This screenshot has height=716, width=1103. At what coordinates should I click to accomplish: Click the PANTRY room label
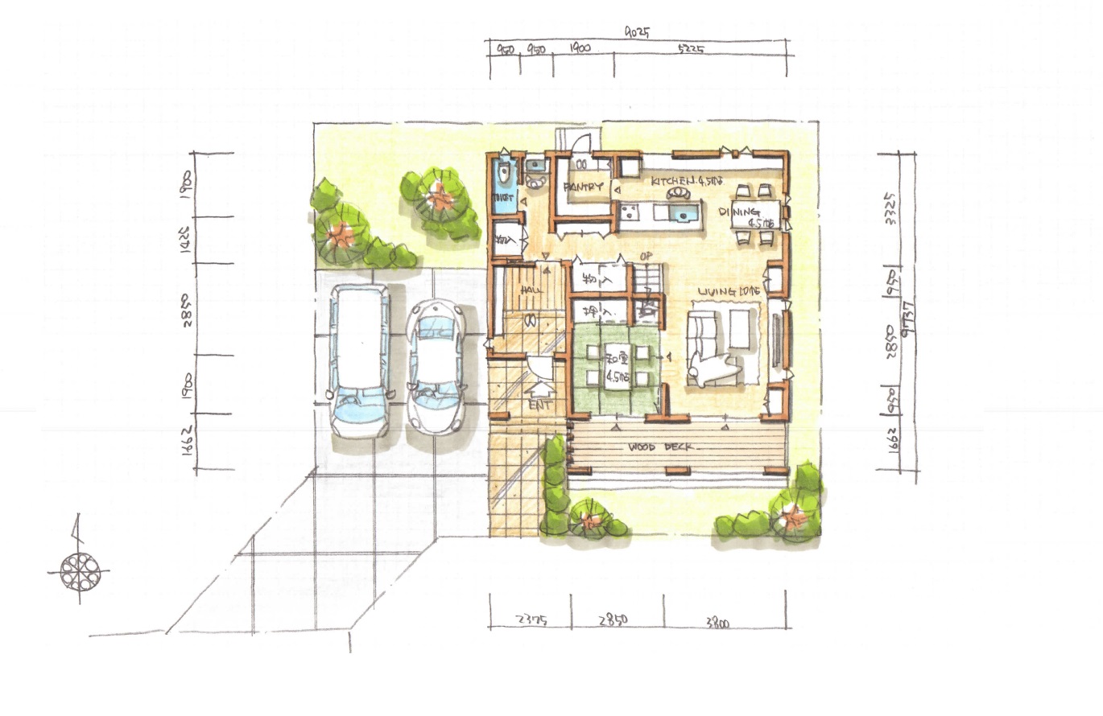click(584, 187)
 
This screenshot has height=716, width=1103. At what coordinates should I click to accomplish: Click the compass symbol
click(79, 570)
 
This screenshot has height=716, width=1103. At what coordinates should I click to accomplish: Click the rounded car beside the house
click(435, 364)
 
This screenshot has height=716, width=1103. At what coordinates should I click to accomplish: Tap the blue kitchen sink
click(684, 213)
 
